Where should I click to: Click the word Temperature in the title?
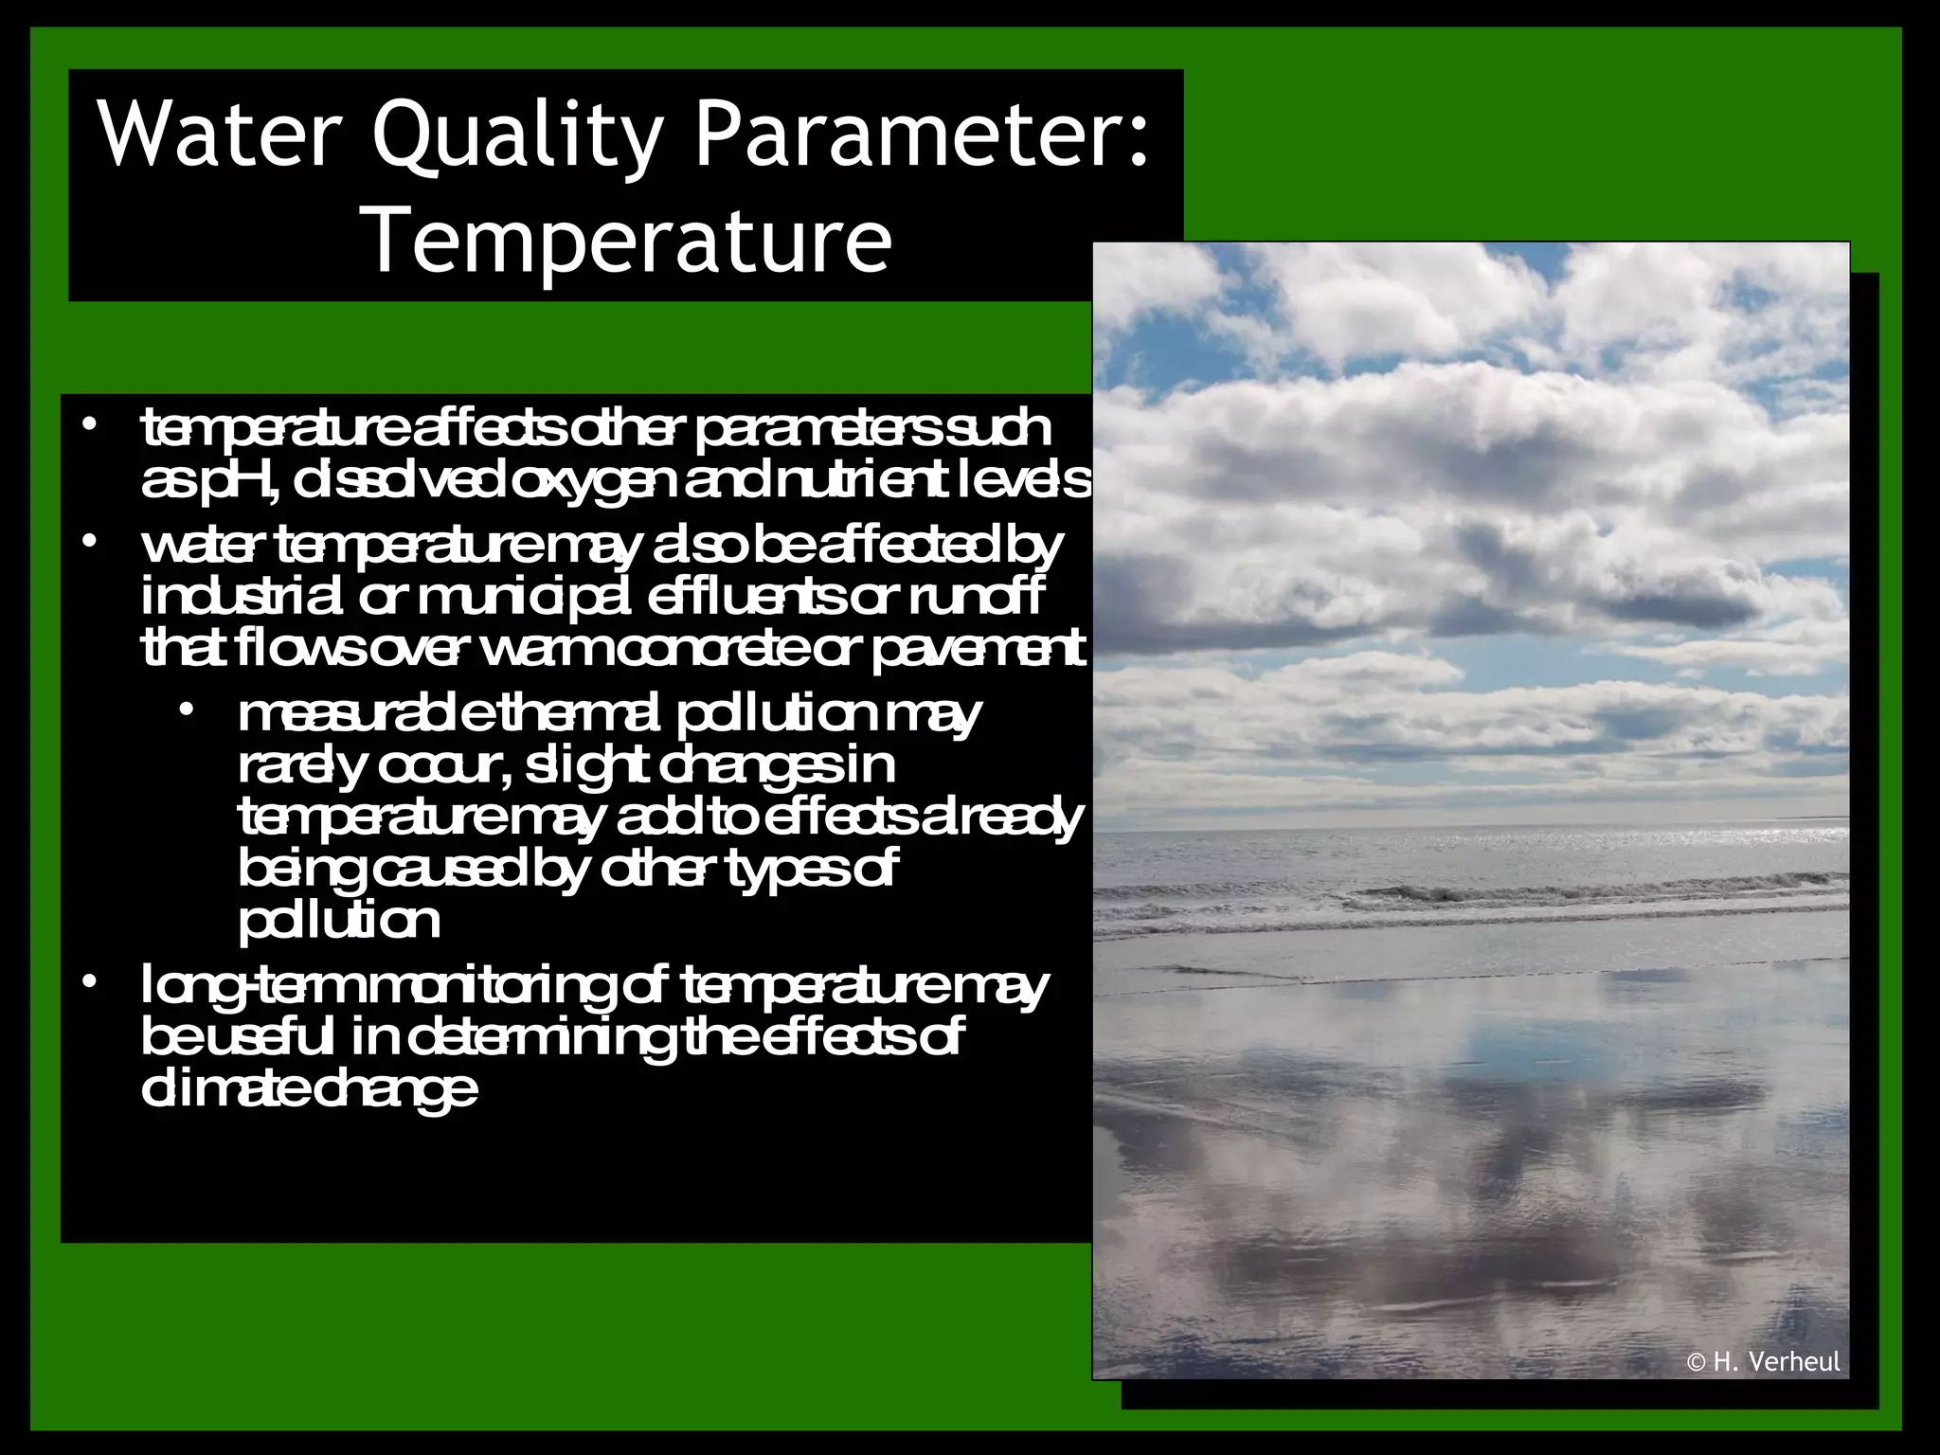[629, 242]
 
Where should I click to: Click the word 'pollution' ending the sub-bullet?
[339, 921]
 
